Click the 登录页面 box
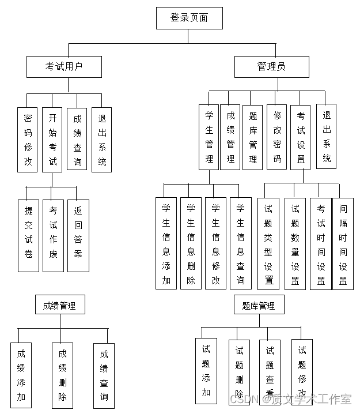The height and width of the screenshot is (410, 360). pos(189,18)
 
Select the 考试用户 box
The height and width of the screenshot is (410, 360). pos(64,66)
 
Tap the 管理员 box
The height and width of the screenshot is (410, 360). pos(271,66)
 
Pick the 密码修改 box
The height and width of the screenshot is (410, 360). pos(28,140)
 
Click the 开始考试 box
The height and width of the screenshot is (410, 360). pos(52,140)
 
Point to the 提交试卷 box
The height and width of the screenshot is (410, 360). pos(28,236)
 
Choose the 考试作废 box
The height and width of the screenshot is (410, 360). pos(53,236)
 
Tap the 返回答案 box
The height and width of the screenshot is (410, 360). pos(78,236)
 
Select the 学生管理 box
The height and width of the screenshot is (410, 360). pos(209,137)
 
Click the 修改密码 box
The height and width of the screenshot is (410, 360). pos(277,137)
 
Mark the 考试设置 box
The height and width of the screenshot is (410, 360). pos(301,137)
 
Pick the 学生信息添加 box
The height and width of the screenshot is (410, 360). pos(166,243)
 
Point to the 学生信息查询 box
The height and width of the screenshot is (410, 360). pos(240,243)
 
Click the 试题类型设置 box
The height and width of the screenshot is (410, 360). pos(268,243)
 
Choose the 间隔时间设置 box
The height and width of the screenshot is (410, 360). pos(343,243)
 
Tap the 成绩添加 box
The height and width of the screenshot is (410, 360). pos(21,375)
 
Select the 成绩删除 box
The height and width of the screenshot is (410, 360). pos(62,375)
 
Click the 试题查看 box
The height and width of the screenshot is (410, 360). pos(270,371)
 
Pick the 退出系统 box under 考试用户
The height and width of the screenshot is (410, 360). pos(102,140)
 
